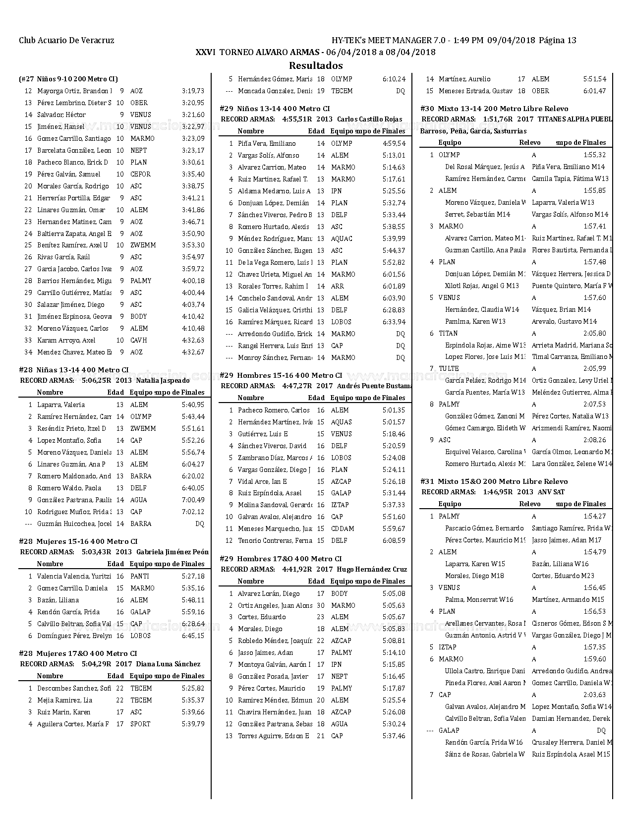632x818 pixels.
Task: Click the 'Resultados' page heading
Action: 316,65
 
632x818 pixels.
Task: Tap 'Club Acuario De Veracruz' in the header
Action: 66,41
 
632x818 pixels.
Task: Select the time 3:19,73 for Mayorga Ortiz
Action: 193,91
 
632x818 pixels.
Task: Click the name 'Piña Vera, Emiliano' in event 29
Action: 267,144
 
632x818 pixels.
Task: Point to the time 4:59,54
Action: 394,144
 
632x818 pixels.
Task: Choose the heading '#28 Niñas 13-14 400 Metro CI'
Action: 73,370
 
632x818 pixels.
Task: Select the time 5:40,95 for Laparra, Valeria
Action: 193,405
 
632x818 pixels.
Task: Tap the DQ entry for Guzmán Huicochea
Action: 200,524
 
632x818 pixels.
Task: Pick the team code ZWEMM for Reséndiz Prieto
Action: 143,429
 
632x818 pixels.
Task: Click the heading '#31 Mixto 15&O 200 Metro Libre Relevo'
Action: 494,481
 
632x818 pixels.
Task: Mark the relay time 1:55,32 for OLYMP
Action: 594,155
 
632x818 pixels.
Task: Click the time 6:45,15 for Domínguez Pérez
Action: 193,636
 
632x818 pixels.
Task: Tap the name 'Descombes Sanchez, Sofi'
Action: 74,689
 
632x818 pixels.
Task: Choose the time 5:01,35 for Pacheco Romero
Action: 394,410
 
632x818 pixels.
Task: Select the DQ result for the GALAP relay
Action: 601,731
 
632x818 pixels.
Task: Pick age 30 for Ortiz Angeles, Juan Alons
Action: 321,606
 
